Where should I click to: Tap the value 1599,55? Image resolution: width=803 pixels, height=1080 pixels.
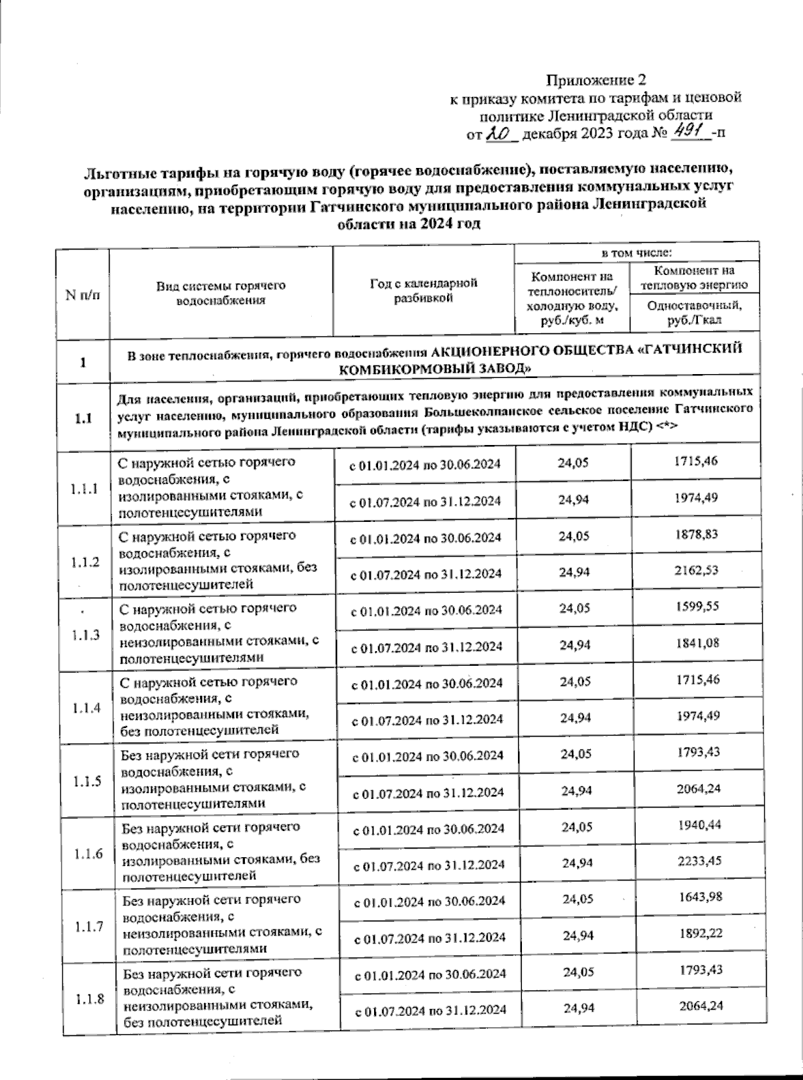697,606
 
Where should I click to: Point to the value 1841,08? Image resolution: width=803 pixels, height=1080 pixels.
697,643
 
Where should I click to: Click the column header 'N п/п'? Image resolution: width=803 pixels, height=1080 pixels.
83,294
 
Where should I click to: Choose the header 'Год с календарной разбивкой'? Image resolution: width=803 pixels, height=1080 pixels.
424,290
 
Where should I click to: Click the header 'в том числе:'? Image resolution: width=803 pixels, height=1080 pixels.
636,253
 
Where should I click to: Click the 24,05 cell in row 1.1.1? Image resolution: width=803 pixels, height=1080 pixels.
573,462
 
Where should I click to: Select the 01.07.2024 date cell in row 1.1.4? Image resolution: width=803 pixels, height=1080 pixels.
426,719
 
